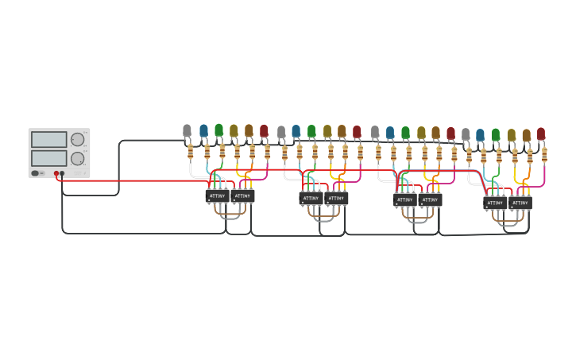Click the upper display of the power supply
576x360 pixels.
coord(49,139)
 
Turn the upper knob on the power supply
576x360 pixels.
coord(77,140)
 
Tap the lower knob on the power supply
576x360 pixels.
coord(77,158)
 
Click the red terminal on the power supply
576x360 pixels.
coord(56,173)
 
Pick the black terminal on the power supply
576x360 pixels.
coord(63,173)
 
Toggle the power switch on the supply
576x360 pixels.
coord(36,172)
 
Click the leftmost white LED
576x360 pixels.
coord(187,130)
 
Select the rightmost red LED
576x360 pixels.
coord(541,134)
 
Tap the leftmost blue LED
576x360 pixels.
coord(203,130)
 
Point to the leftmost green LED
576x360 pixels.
coord(218,130)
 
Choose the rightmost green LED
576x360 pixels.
coord(496,134)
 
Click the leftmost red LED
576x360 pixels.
coord(264,130)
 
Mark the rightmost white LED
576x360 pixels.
coord(466,134)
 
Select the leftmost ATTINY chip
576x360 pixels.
coord(218,195)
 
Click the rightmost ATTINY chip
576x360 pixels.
coord(520,203)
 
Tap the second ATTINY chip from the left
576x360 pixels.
coord(242,195)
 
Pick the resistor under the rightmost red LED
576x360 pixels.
coord(544,155)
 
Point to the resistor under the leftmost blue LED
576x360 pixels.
coord(207,151)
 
